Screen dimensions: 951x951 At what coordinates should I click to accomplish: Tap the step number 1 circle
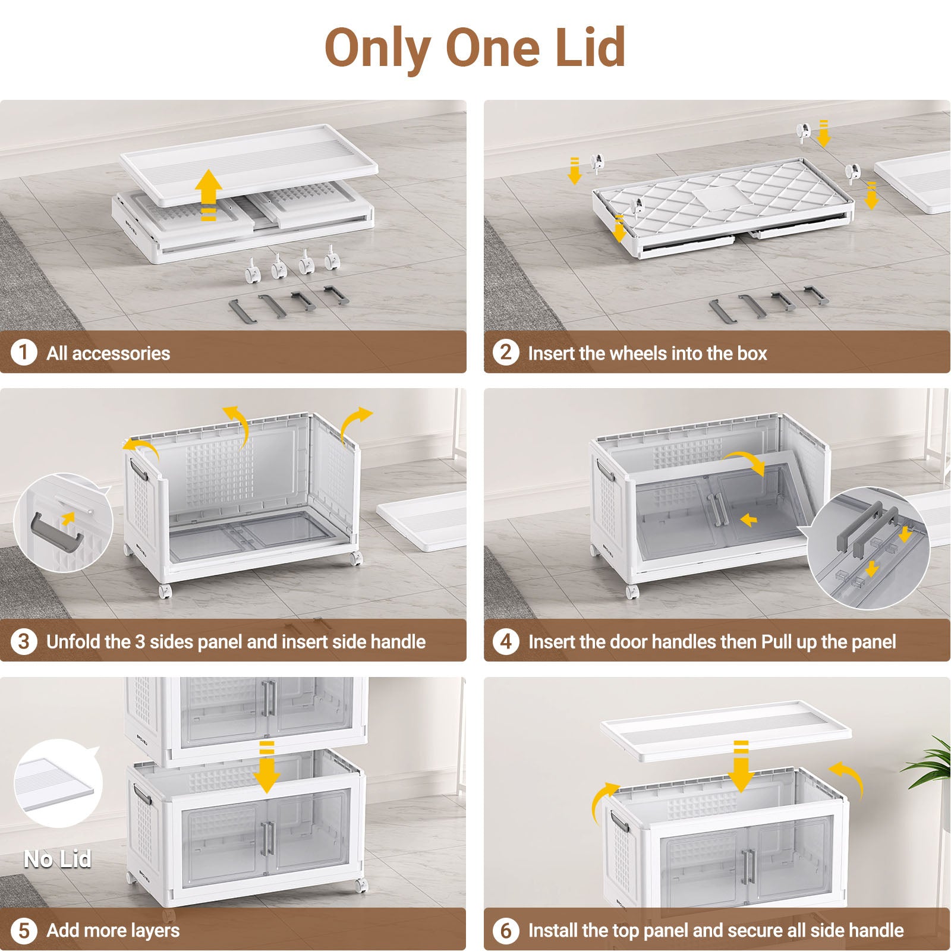coord(24,352)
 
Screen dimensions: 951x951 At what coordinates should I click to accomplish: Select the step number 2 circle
coord(506,352)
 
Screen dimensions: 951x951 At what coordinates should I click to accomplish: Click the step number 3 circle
coord(24,641)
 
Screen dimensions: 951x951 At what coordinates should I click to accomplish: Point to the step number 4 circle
coord(506,641)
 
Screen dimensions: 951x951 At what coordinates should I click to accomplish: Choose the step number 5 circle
coord(24,930)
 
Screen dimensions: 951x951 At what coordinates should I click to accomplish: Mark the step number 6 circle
coord(506,930)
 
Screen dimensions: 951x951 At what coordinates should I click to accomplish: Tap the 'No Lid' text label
coord(58,859)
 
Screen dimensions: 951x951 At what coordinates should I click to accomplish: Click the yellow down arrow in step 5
coord(267,767)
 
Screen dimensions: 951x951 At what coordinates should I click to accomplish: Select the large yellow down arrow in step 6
coord(741,767)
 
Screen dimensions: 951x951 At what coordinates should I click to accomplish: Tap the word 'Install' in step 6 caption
coord(553,931)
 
